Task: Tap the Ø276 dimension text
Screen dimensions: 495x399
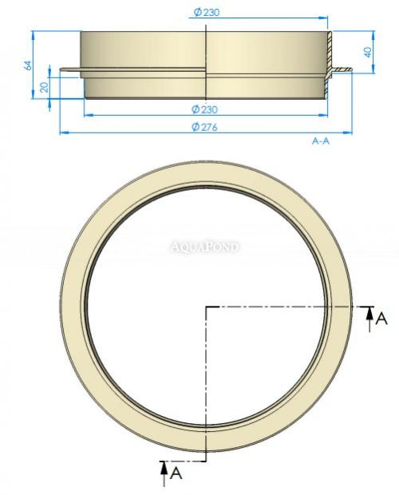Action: (x=206, y=126)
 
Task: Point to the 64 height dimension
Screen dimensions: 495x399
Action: (x=27, y=65)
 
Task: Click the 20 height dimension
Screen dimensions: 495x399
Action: (x=45, y=85)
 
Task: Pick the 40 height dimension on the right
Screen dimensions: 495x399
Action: (x=368, y=52)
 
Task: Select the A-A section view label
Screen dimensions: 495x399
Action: (x=321, y=141)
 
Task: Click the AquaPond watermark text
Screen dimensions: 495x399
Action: (x=205, y=247)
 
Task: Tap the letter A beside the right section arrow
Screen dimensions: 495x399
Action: (x=381, y=319)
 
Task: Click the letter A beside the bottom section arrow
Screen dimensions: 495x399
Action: (x=176, y=476)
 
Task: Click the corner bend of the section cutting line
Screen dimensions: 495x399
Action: (x=207, y=307)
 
